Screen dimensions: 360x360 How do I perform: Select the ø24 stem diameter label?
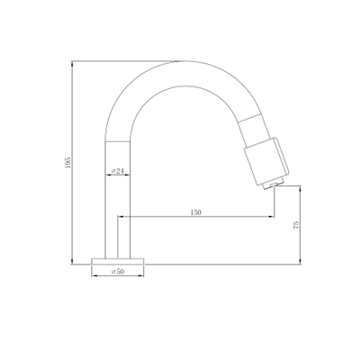(x=118, y=171)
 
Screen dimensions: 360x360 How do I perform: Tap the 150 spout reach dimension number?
(x=195, y=212)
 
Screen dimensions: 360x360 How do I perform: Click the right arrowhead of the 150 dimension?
(x=271, y=217)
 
